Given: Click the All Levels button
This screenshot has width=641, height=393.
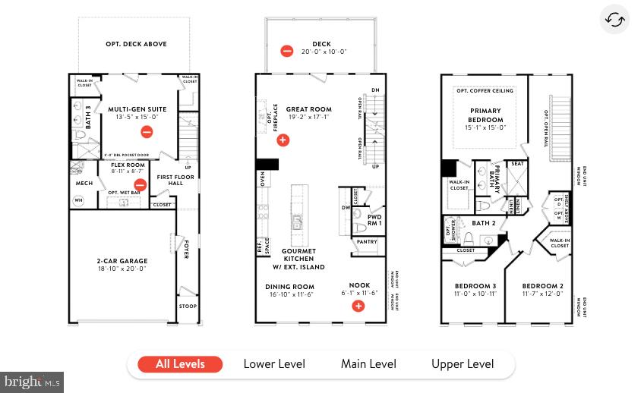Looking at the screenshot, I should click(180, 364).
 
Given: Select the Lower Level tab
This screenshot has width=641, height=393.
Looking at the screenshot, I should click(274, 364).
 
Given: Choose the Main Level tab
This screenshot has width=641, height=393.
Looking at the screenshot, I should click(368, 364).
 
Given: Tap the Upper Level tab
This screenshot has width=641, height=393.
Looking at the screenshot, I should click(463, 364).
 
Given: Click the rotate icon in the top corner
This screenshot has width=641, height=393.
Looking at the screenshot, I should click(614, 20).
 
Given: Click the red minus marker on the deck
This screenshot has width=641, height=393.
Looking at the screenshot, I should click(287, 52).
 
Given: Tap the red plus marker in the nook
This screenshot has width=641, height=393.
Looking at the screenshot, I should click(358, 306).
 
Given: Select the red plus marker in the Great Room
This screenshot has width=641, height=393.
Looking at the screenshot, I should click(283, 140).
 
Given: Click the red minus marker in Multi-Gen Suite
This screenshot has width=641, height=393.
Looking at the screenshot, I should click(147, 132).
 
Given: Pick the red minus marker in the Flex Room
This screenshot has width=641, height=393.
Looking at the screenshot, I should click(140, 184).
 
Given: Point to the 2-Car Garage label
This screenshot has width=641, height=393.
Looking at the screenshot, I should click(122, 261).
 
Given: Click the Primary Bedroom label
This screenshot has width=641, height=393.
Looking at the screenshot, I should click(485, 115).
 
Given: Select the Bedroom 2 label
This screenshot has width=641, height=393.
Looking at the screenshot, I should click(542, 286).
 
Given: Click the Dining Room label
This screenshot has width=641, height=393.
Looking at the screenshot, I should click(289, 287).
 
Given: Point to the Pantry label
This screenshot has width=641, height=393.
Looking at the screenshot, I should click(366, 242).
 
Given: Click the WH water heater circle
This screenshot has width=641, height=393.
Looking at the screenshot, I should click(78, 200).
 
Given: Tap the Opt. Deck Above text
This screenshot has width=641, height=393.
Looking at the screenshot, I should click(136, 44).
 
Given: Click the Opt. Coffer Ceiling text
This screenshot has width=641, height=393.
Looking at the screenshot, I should click(485, 91).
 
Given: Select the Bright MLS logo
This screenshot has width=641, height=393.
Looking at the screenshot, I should click(32, 382).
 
